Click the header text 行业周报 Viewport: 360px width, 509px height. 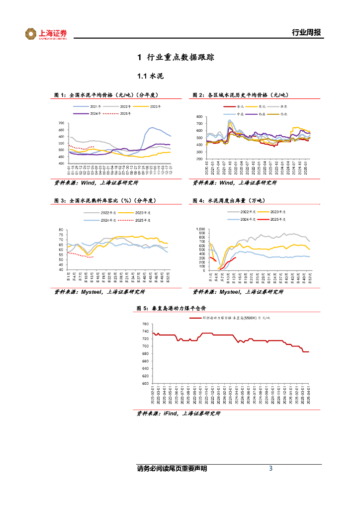click(306, 33)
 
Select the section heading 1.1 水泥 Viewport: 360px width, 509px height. click(150, 77)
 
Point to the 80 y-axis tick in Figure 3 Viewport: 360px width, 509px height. click(62, 230)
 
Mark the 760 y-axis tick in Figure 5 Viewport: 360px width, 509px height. click(145, 325)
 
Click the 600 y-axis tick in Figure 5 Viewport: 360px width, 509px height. click(145, 383)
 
